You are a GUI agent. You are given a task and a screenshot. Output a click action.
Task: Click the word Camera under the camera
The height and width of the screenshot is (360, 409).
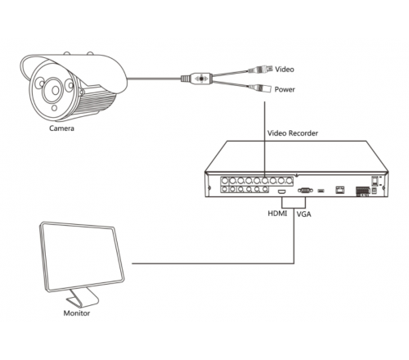tap(61, 128)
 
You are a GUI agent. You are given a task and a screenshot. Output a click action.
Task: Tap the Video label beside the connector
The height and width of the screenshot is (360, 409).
tap(285, 70)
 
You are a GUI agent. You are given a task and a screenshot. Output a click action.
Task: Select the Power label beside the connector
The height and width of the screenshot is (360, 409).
tap(285, 89)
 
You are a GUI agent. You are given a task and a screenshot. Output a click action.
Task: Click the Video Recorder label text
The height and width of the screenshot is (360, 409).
tap(293, 133)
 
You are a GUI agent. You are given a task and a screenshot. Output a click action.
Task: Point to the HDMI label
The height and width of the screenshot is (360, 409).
tap(277, 214)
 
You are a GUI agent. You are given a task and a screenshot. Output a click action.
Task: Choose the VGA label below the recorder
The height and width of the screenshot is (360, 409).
tap(303, 214)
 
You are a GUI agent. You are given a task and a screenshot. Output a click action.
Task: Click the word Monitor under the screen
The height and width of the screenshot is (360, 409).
tap(77, 313)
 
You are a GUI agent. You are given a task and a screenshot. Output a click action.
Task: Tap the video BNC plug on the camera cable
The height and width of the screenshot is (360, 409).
tap(260, 70)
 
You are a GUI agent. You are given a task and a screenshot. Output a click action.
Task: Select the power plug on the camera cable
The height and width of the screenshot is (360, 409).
tap(259, 88)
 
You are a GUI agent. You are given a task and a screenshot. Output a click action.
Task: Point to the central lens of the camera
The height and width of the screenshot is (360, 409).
tap(56, 90)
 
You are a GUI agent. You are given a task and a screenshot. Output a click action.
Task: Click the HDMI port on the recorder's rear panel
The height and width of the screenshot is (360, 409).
tap(282, 191)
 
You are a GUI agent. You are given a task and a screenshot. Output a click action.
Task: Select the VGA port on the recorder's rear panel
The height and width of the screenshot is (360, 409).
tap(305, 190)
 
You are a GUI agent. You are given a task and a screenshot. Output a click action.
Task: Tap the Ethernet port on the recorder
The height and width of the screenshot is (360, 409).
tap(340, 190)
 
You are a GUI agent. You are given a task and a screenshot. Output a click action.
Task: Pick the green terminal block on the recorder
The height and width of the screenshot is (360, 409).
tap(362, 191)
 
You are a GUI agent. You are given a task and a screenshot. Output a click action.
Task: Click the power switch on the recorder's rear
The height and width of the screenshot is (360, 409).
tap(375, 181)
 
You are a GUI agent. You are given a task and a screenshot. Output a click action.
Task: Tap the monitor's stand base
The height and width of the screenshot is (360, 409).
tap(83, 298)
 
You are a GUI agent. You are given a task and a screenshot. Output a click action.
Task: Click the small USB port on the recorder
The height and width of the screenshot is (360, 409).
tap(321, 191)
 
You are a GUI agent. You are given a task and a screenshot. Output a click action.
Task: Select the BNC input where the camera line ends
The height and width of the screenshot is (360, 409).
tap(264, 181)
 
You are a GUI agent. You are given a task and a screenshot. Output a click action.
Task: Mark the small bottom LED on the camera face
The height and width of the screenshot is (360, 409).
tap(55, 108)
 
